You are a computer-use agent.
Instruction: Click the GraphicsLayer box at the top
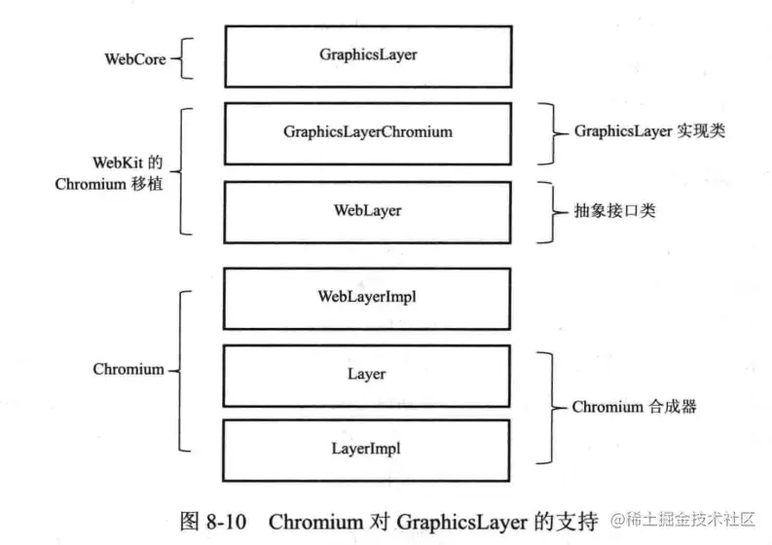[x=367, y=55]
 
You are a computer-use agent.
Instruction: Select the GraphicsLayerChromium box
[x=367, y=131]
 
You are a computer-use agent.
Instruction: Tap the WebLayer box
[x=367, y=209]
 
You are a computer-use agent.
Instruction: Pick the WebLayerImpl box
[x=367, y=296]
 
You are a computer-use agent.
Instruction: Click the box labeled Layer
[x=367, y=374]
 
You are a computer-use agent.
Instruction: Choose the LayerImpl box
[x=367, y=449]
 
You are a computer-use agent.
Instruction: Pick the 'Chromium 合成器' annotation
[x=634, y=408]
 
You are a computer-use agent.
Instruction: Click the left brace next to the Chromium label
[x=180, y=370]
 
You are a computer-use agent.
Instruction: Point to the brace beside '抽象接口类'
[x=551, y=210]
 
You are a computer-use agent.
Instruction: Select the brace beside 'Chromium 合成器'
[x=552, y=408]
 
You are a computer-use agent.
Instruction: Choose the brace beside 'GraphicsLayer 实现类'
[x=551, y=131]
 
